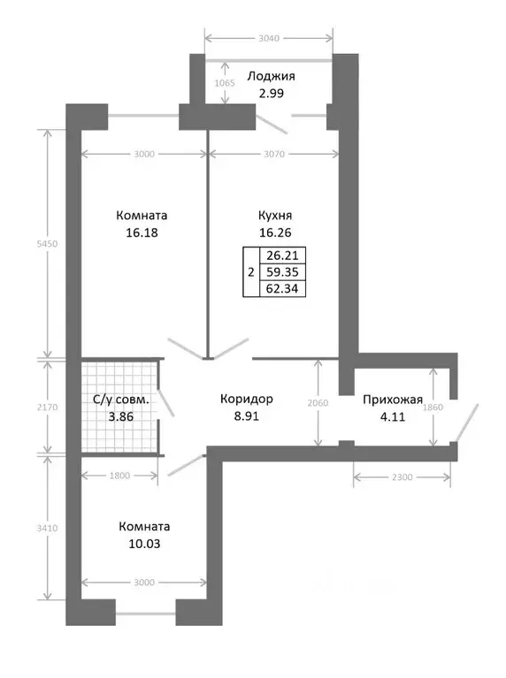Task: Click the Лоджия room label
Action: [271, 77]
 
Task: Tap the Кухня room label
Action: [275, 216]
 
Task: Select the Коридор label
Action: [246, 399]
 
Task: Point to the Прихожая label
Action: [393, 400]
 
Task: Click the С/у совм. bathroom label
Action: [121, 400]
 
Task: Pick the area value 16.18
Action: [142, 232]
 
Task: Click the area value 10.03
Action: [144, 544]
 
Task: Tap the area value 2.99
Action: [271, 94]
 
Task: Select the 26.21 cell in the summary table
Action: [282, 255]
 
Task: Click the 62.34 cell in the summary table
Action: [282, 288]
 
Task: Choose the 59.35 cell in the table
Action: [282, 272]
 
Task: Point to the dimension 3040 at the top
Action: [269, 39]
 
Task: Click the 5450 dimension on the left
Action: [47, 243]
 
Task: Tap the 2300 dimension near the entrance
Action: [402, 477]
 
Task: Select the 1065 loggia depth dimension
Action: [225, 82]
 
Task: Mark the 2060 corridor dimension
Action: [318, 403]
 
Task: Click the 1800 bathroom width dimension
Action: [119, 476]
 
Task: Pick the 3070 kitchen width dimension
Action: [274, 154]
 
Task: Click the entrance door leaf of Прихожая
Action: [466, 423]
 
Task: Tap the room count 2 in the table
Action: [251, 272]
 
